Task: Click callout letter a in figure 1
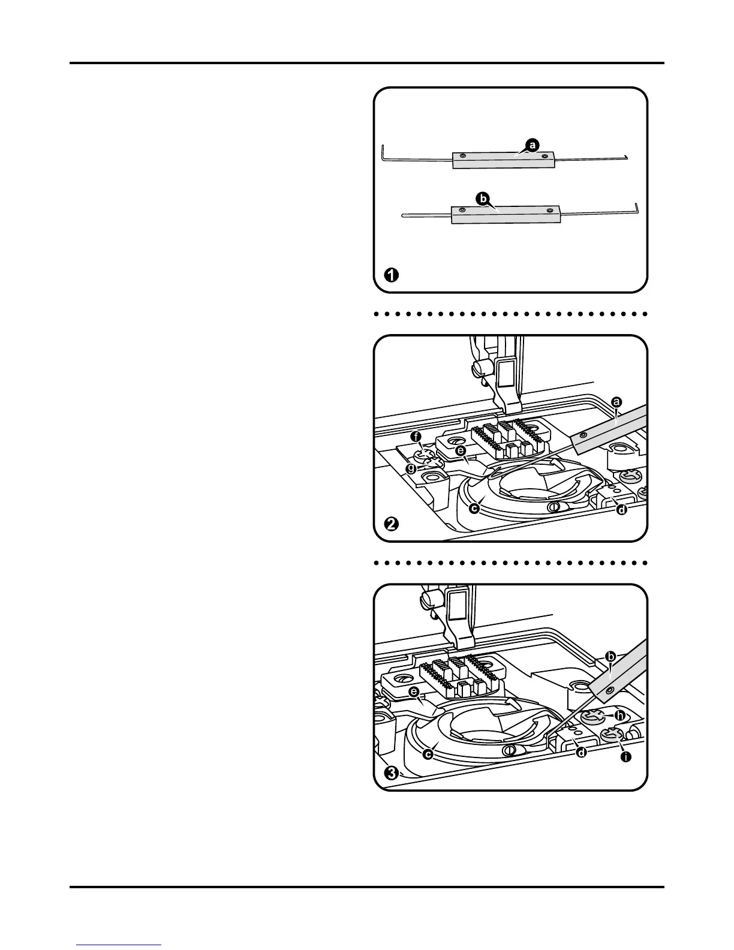(x=532, y=144)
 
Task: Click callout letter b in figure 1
(x=481, y=197)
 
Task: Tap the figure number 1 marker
(x=390, y=275)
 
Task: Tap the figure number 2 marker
(x=390, y=524)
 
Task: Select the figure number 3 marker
(x=391, y=772)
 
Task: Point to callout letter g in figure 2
(x=411, y=469)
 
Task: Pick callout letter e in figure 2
(x=461, y=450)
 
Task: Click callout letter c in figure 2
(x=474, y=509)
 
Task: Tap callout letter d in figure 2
(x=622, y=510)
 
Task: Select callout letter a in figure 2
(x=615, y=402)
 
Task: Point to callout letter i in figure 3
(x=625, y=757)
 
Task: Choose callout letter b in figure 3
(x=610, y=657)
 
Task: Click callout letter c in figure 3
(x=428, y=754)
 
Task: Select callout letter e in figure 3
(x=413, y=692)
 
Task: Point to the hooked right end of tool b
(x=637, y=208)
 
